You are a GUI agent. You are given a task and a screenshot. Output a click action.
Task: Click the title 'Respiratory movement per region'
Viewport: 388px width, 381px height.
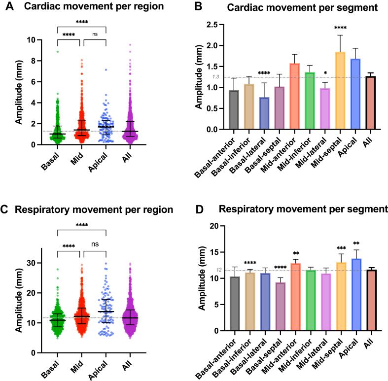(x=94, y=209)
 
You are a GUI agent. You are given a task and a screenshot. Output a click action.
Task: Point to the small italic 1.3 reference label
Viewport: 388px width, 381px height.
(x=216, y=77)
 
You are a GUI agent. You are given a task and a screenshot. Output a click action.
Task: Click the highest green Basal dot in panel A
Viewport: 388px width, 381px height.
(x=58, y=51)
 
